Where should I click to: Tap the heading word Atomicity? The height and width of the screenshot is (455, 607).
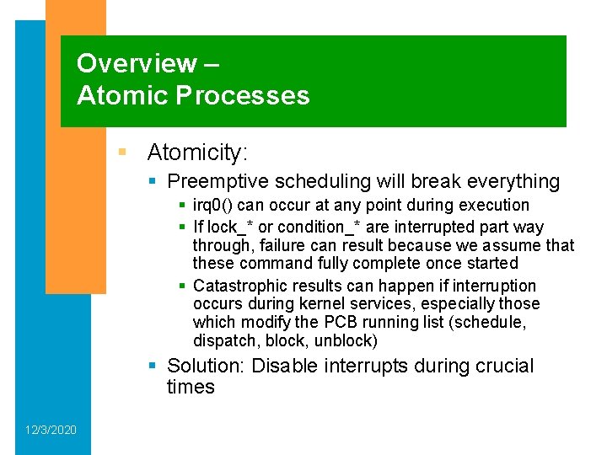coord(197,153)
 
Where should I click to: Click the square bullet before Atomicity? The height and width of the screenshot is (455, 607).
coord(123,153)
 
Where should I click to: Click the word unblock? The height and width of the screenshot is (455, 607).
coord(346,341)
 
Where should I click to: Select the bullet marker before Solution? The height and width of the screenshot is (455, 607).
coord(152,367)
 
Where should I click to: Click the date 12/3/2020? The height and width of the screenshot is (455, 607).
coord(51,431)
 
